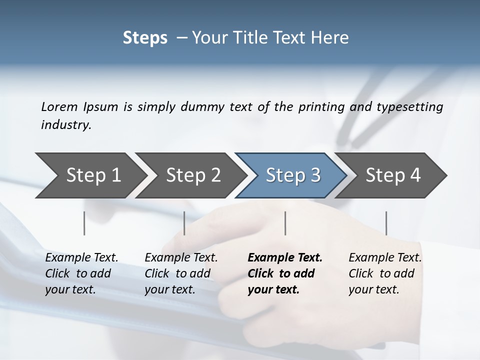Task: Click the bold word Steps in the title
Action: click(x=145, y=38)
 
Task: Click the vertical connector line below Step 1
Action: click(x=84, y=223)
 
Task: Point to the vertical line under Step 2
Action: click(x=184, y=223)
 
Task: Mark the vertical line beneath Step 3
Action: click(x=285, y=223)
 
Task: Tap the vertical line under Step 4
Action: click(x=386, y=223)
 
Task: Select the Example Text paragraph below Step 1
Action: click(x=81, y=273)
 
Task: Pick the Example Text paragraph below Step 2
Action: click(x=181, y=273)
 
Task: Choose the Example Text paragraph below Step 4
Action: click(x=385, y=273)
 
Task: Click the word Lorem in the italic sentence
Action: click(x=59, y=107)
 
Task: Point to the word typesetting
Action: click(x=412, y=107)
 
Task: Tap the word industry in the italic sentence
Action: click(x=65, y=125)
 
